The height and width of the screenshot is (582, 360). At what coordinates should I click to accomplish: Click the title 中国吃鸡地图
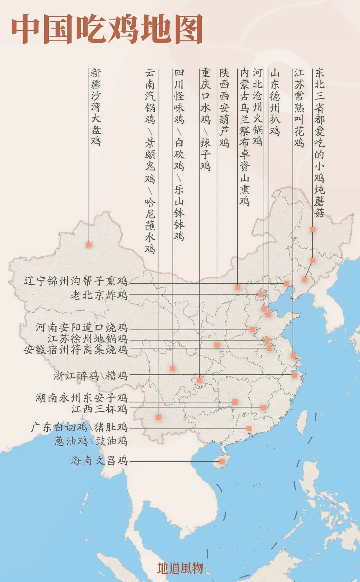click(x=107, y=29)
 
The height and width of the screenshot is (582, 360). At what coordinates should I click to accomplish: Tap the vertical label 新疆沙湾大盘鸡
click(x=96, y=107)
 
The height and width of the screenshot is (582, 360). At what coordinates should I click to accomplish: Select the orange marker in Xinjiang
click(x=89, y=244)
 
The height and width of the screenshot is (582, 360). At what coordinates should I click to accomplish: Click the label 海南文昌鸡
click(x=99, y=461)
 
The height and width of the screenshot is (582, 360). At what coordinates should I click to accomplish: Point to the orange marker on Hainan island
click(x=222, y=461)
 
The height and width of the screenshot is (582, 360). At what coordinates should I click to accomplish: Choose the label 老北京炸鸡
click(x=99, y=295)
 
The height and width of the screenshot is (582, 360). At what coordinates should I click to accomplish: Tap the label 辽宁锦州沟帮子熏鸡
click(x=76, y=281)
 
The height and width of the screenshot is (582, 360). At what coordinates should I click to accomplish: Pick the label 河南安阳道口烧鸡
click(x=82, y=327)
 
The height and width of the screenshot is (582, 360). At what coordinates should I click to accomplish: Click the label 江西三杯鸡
click(x=99, y=408)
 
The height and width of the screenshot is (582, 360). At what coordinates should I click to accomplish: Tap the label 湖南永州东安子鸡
click(x=82, y=398)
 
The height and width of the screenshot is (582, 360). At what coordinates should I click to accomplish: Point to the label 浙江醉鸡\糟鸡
click(x=91, y=376)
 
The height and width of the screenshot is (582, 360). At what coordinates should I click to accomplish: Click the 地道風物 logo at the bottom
click(x=180, y=568)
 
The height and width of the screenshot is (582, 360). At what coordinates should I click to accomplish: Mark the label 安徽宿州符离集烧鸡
click(x=76, y=350)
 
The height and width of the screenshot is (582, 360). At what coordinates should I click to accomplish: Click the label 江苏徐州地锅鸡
click(x=87, y=339)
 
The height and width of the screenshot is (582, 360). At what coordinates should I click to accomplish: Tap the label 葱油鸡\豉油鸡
click(x=91, y=441)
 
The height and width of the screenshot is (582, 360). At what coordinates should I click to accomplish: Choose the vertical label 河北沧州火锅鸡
click(x=258, y=107)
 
